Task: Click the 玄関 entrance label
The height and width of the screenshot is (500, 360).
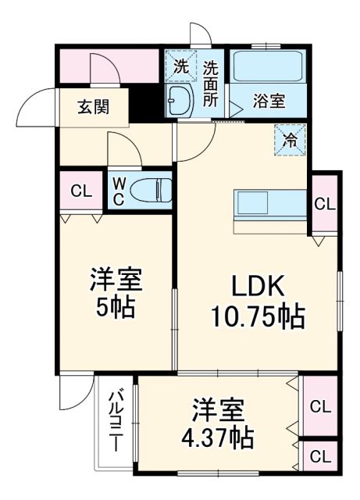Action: [92, 107]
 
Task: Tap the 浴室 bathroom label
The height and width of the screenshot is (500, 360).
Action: [269, 102]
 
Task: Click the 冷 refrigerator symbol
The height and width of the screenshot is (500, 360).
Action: [288, 141]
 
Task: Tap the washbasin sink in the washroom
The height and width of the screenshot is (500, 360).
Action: [182, 100]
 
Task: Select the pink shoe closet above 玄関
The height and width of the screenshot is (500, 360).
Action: [109, 66]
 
